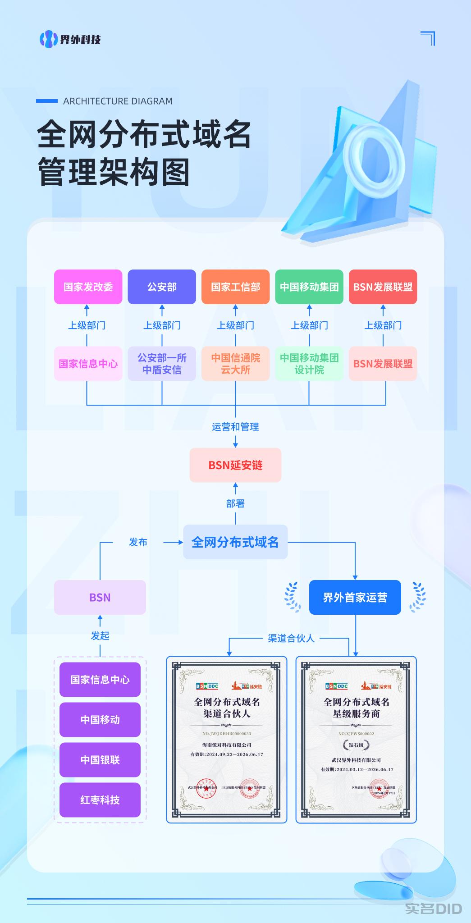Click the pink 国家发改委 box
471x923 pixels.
(88, 287)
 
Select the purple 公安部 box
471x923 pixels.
(162, 287)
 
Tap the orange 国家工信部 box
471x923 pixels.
(235, 287)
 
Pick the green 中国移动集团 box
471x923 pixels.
(309, 287)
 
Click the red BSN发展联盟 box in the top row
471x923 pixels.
(383, 287)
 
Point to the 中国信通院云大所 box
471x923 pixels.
(235, 363)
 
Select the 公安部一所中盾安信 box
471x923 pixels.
(162, 363)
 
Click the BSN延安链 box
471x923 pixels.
(235, 465)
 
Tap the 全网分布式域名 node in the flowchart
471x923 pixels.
(235, 542)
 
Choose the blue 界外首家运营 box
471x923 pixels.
(355, 597)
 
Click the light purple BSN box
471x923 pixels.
(100, 597)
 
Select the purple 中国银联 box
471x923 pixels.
(100, 759)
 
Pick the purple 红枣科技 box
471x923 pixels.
(100, 800)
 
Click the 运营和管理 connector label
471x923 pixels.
(235, 426)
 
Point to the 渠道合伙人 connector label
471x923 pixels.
(291, 638)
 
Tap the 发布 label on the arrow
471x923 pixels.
(138, 542)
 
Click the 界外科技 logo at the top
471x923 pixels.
(70, 39)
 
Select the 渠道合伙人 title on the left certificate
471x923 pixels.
(227, 713)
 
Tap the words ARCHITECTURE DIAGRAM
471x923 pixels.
(118, 101)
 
